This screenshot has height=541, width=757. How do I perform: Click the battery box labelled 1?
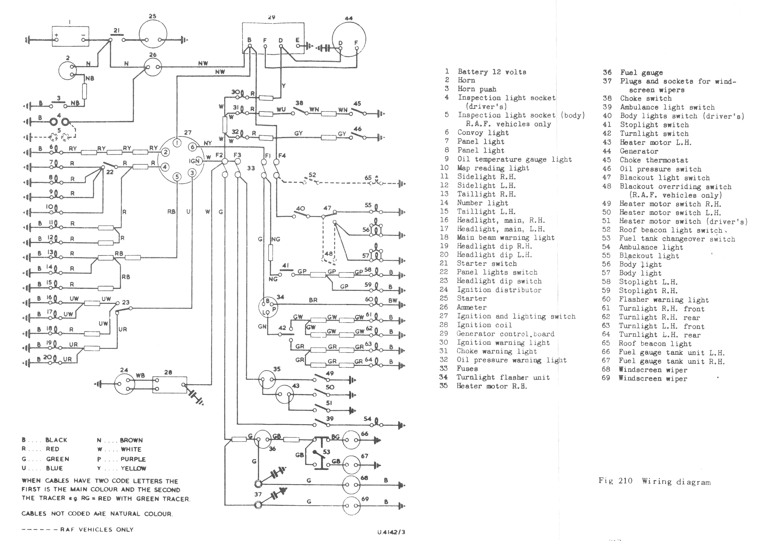[70, 36]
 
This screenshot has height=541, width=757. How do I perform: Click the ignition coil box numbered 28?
[170, 385]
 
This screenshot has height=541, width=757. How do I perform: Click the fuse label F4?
[282, 155]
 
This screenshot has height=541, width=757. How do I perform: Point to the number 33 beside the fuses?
[251, 168]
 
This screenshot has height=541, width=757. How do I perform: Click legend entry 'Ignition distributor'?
[499, 290]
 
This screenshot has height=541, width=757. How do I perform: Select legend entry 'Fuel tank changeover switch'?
[677, 239]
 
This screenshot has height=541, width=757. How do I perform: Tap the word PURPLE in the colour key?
[133, 459]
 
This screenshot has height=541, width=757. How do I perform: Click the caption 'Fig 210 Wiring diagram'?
[654, 481]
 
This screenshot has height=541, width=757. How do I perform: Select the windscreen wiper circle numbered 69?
[351, 506]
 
